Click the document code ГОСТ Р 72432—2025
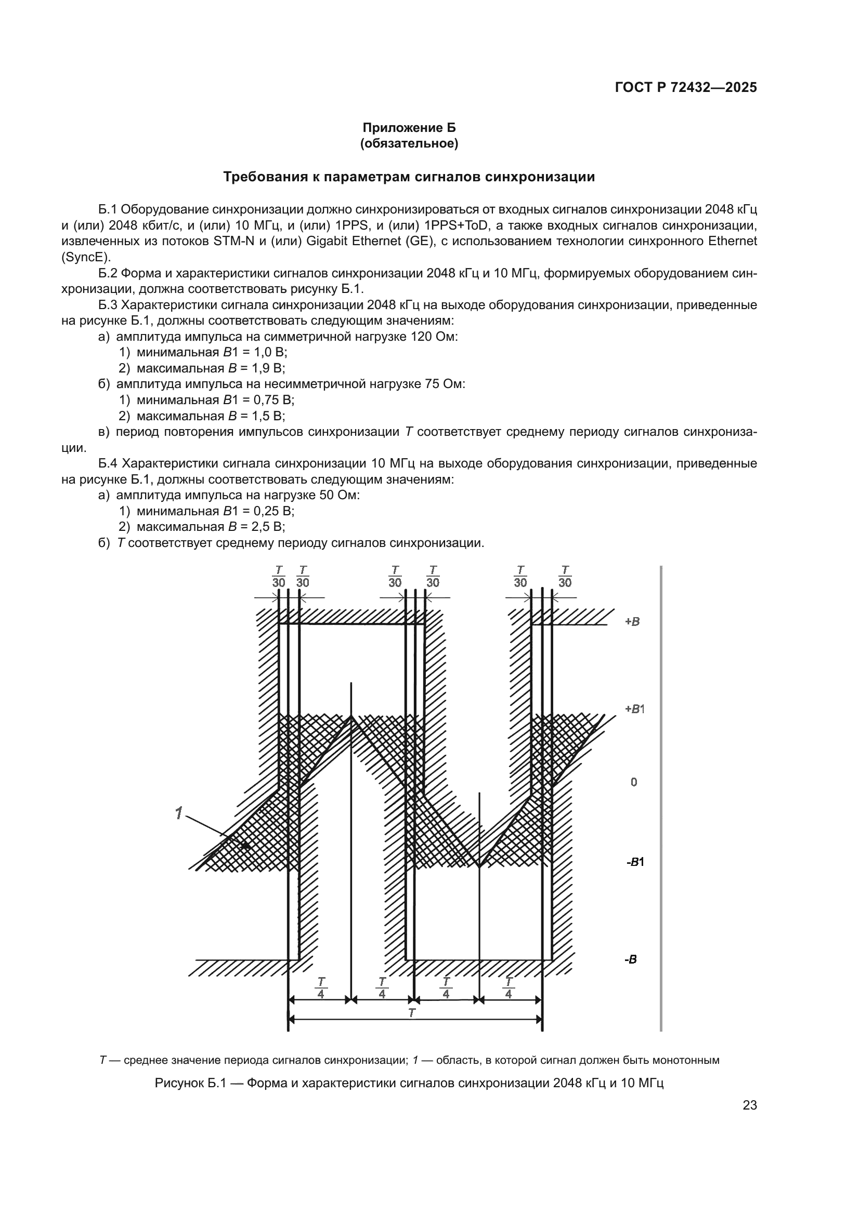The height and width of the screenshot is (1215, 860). point(686,87)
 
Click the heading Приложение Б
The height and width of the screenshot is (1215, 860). point(409,128)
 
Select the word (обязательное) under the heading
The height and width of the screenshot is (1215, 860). point(409,143)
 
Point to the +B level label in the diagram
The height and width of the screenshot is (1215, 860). point(632,622)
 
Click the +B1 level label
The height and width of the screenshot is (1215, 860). point(634,709)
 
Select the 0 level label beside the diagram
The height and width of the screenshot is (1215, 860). point(634,782)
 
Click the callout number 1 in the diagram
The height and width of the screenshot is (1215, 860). point(179,813)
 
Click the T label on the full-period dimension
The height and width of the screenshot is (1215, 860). point(411,1013)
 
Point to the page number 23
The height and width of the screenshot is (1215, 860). point(750,1105)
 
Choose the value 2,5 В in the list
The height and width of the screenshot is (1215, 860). point(269,527)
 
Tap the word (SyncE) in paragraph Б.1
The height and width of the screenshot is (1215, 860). point(86,258)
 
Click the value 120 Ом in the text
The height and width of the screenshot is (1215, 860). point(433,337)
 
